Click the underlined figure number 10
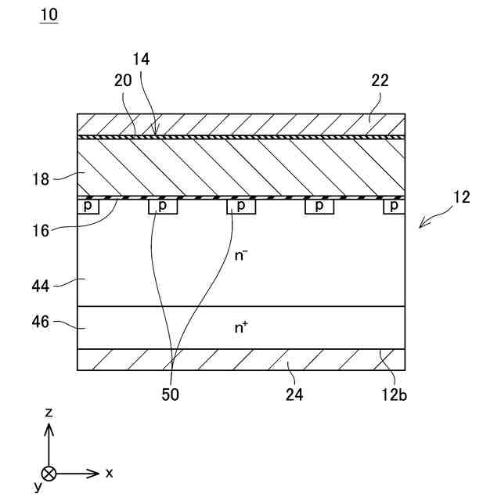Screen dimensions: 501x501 [x=48, y=15]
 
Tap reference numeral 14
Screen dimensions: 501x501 [x=142, y=59]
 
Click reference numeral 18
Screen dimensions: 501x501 [x=40, y=178]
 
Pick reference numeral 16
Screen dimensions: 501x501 [x=40, y=230]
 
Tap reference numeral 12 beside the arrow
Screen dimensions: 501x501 [x=461, y=197]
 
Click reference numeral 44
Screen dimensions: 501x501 [x=40, y=286]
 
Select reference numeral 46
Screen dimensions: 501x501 [x=40, y=323]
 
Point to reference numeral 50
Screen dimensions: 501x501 [x=170, y=395]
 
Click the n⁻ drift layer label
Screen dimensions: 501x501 [x=243, y=254]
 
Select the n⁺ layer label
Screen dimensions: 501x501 [x=242, y=328]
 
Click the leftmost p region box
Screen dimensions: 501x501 [x=88, y=206]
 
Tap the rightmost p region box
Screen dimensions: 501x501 [x=394, y=206]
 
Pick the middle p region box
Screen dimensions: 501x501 [x=241, y=206]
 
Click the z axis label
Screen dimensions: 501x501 [x=49, y=412]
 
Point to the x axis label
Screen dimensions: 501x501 [x=110, y=473]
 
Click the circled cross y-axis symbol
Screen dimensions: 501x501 [x=49, y=473]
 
